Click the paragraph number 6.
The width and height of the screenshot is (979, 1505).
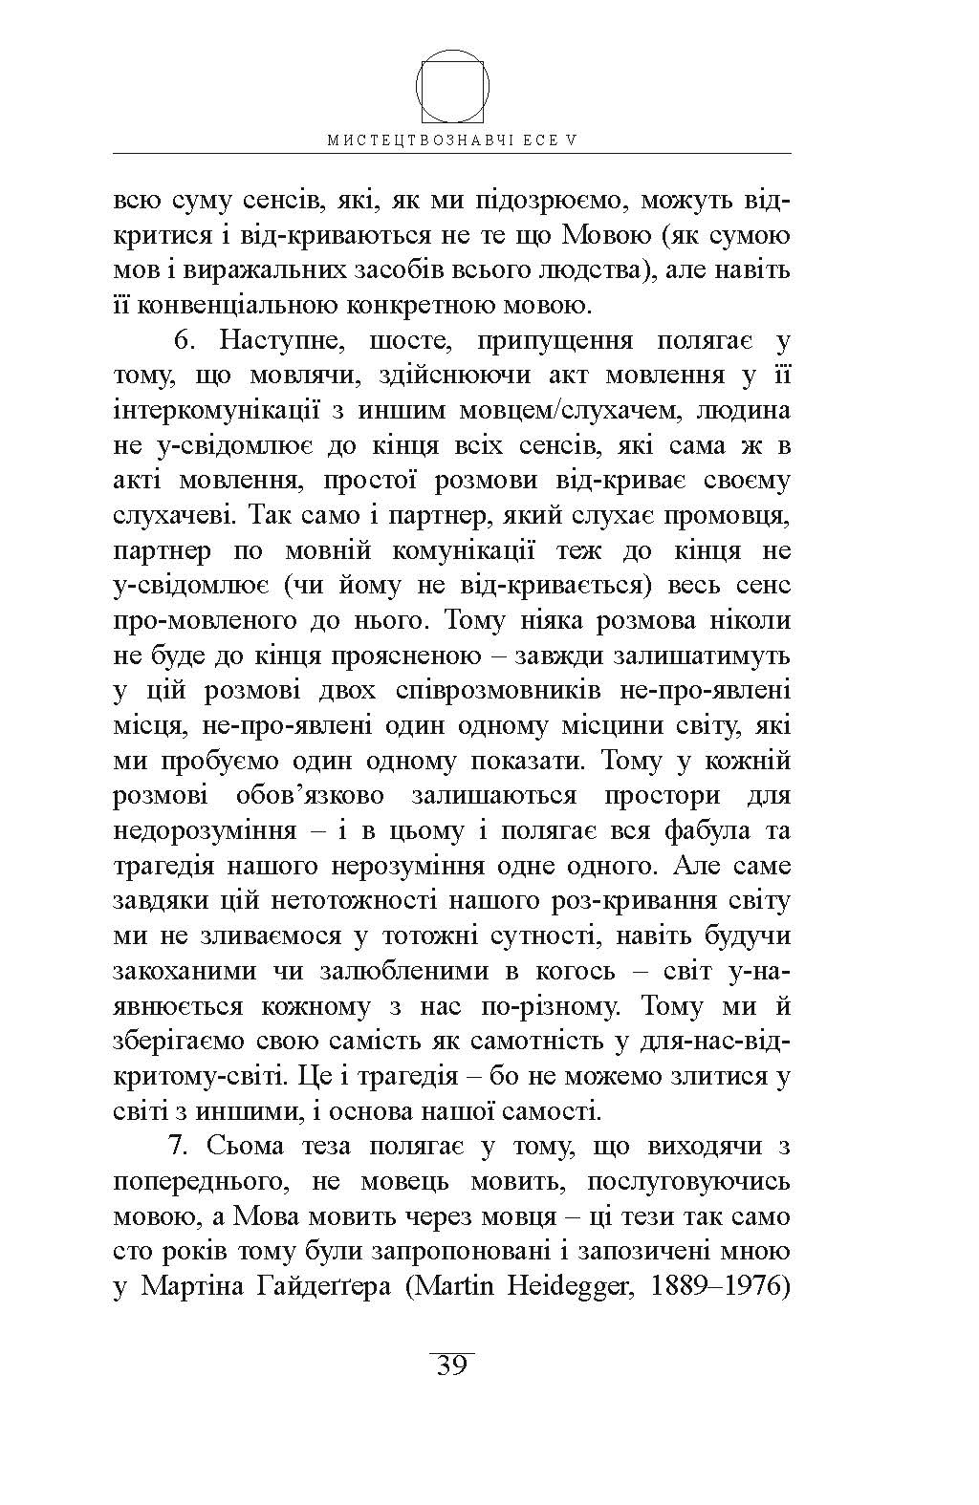coord(185,341)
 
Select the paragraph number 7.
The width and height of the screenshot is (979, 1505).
coord(185,1147)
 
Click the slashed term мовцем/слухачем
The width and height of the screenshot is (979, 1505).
coord(542,411)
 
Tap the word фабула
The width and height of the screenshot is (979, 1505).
coord(706,831)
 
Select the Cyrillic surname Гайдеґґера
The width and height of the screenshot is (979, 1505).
coord(266,1287)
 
